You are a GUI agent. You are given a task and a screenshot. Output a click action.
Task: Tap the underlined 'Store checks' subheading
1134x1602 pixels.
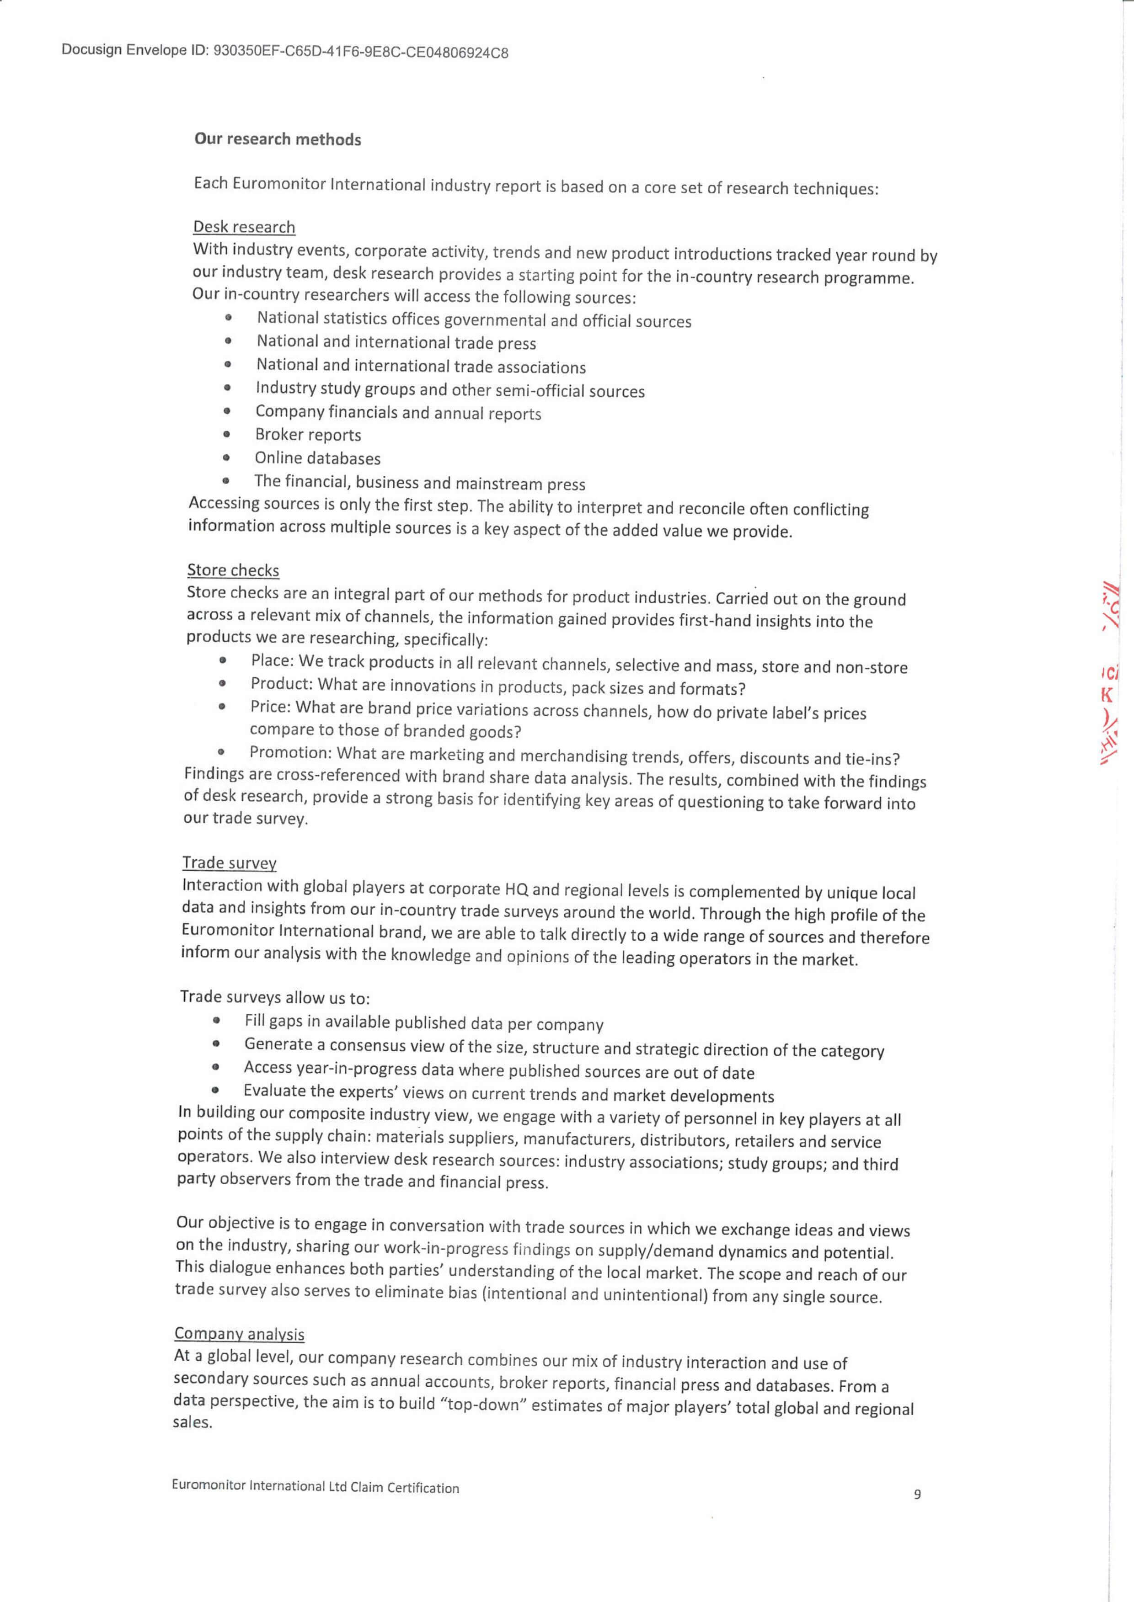[x=233, y=570]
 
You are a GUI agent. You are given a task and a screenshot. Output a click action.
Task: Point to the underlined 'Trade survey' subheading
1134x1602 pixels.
[x=229, y=863]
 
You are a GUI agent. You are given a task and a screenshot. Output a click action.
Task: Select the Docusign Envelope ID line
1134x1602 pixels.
[x=284, y=51]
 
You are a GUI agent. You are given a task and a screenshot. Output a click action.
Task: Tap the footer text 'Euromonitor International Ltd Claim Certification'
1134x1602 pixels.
[x=315, y=1487]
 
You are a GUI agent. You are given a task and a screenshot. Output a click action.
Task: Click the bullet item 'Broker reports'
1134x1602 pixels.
[x=308, y=435]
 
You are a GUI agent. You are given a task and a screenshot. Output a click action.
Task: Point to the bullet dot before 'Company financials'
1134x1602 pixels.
[x=227, y=411]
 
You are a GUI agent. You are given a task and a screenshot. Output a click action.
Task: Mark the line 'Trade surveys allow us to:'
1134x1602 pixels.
[x=274, y=997]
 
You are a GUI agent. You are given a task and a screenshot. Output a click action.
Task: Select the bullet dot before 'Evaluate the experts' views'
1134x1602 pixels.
[x=216, y=1090]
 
